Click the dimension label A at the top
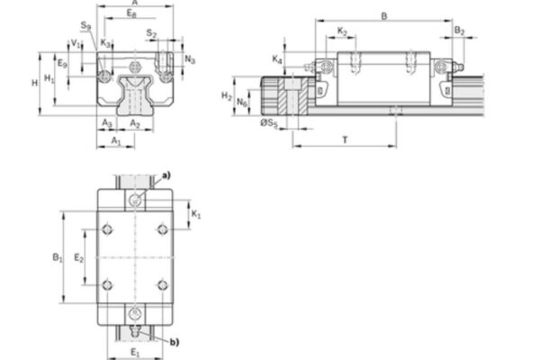[134, 4]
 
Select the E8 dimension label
[132, 16]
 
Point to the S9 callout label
[85, 27]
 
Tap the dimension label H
[33, 82]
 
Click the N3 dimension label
[190, 59]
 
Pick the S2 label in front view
[151, 34]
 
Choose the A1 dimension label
[116, 142]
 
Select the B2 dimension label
[459, 31]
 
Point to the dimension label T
[345, 139]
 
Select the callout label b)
[173, 341]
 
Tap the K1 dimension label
[197, 215]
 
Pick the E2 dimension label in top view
[78, 258]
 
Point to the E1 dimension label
[133, 351]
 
